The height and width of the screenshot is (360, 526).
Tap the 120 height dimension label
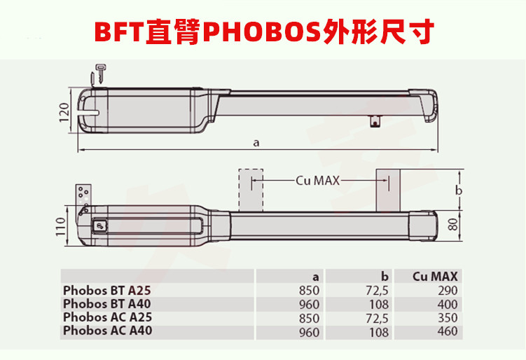tap(62, 111)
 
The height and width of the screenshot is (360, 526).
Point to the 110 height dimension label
tap(61, 226)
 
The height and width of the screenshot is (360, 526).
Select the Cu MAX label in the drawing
tap(317, 180)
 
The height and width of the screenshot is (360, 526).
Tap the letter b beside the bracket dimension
tap(458, 191)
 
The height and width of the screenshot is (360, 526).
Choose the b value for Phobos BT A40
tap(378, 304)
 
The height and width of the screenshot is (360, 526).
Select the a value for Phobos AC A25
tap(310, 317)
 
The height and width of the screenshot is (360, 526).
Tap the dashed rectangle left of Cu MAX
tap(250, 188)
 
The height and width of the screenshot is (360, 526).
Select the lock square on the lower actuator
tap(100, 226)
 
